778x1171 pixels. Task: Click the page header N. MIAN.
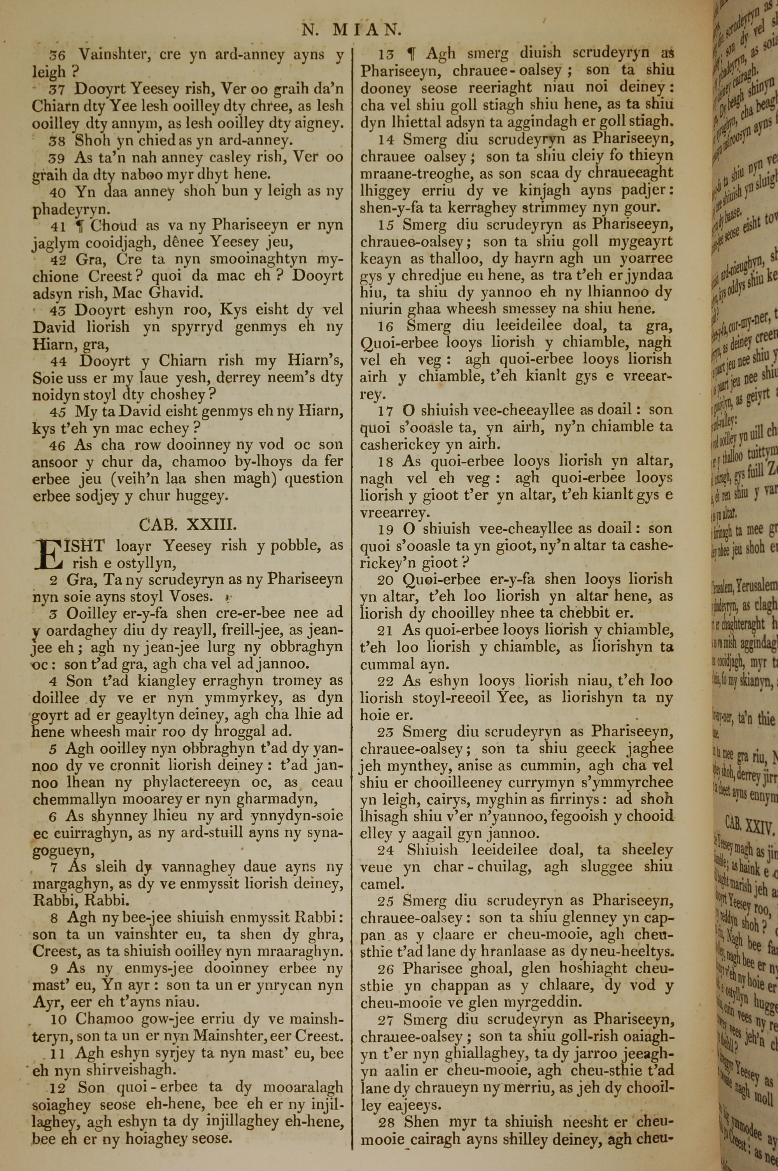point(351,30)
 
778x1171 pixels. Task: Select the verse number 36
point(58,55)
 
